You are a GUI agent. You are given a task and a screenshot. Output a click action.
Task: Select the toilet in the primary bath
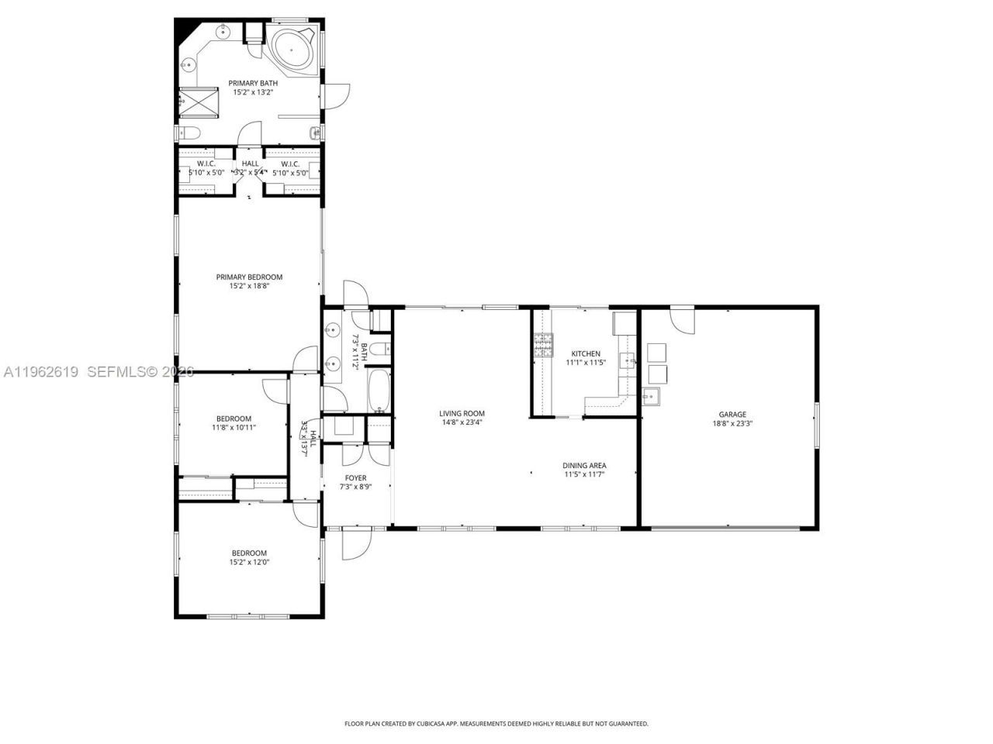point(189,133)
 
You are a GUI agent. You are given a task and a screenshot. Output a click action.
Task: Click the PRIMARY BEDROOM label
point(249,277)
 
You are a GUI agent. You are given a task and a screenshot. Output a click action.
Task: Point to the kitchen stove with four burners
point(541,344)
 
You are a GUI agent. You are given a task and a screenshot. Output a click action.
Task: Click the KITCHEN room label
point(586,353)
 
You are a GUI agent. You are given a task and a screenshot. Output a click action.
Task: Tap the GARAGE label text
point(733,415)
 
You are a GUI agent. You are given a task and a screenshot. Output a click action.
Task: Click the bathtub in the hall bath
point(380,391)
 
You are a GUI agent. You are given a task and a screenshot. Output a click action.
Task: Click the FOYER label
point(356,478)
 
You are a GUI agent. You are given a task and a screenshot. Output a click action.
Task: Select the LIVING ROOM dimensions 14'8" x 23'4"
point(462,422)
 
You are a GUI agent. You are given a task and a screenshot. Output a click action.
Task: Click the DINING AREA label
point(584,466)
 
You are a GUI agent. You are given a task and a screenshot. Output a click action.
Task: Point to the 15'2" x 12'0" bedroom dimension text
point(249,563)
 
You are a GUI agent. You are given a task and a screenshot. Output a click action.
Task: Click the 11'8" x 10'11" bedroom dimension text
point(234,427)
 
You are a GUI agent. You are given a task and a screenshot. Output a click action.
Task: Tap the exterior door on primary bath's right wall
point(335,95)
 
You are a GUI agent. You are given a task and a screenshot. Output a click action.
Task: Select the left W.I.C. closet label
point(206,164)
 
